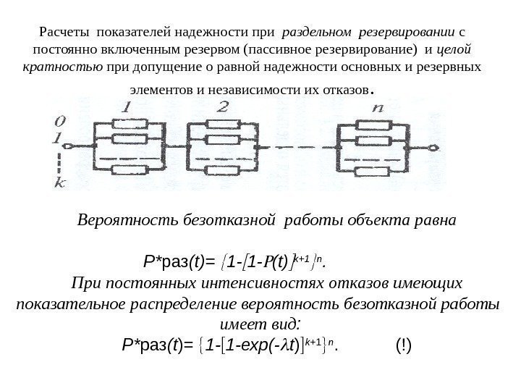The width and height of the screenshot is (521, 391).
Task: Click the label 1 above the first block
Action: pos(127,106)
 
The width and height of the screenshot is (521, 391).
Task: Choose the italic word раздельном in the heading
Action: pos(314,32)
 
